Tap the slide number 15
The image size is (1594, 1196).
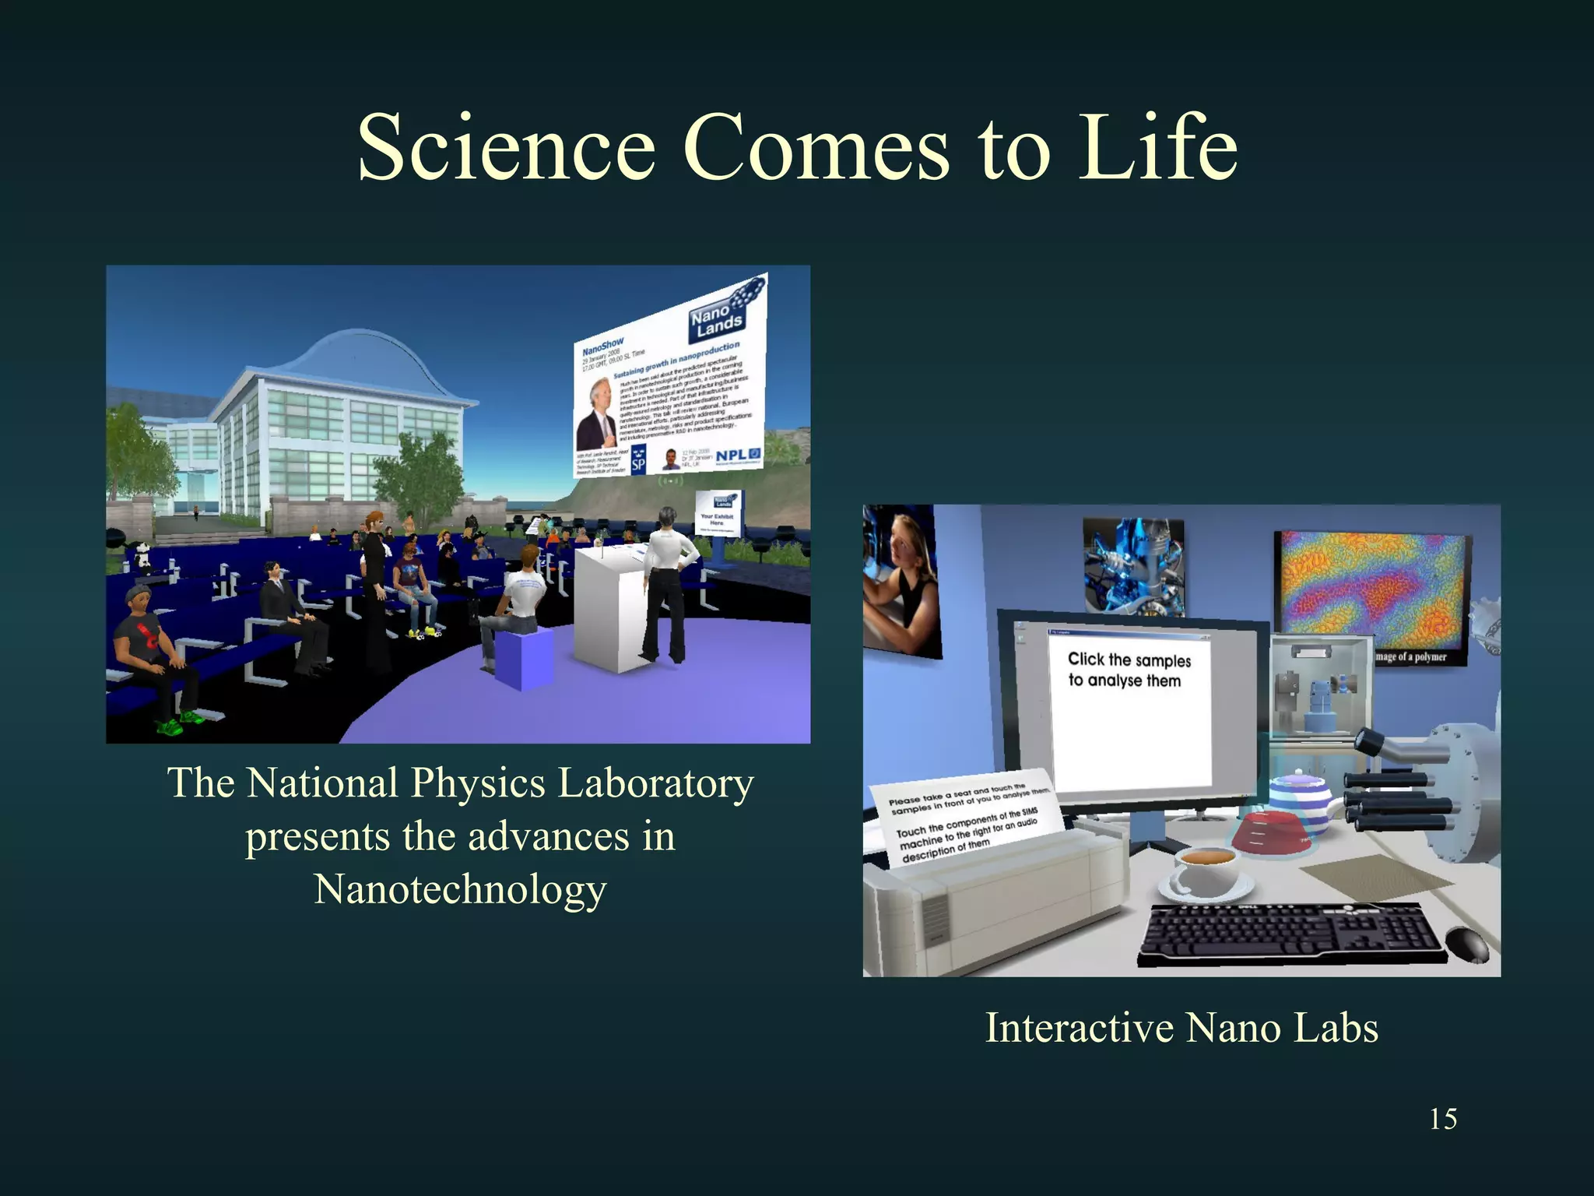pos(1443,1119)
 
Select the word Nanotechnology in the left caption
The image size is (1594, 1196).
pos(459,889)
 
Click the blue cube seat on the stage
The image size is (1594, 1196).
pos(523,658)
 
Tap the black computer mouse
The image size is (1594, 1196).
pos(1466,944)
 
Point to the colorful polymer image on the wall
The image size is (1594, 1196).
pos(1371,592)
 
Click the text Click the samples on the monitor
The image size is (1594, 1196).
pos(1129,660)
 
